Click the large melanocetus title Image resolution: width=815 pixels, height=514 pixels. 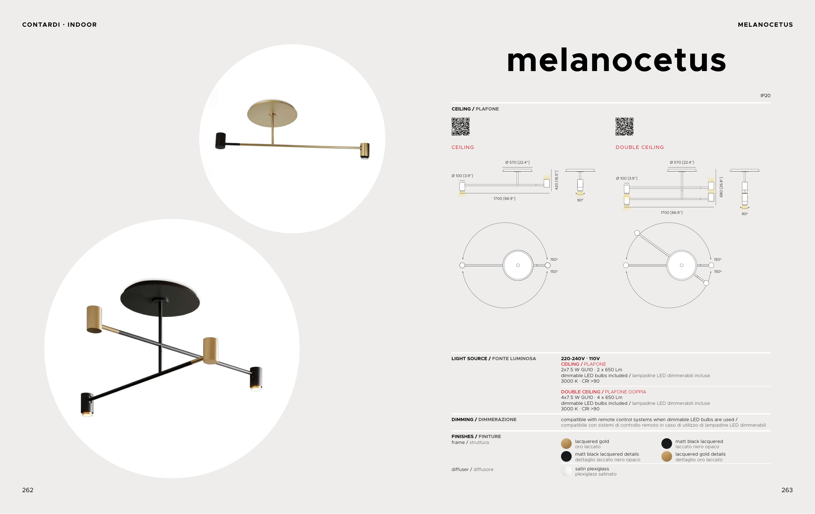(616, 60)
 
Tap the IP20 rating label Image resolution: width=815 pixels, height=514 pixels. (765, 95)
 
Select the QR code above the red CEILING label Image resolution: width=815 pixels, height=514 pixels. (461, 126)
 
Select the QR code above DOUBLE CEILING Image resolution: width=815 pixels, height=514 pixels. (624, 126)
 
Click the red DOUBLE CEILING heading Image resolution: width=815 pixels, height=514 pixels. (640, 147)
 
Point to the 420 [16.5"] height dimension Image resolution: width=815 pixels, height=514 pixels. (556, 180)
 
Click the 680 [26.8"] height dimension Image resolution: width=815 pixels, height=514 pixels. (721, 187)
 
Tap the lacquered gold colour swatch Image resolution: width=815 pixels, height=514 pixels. (566, 444)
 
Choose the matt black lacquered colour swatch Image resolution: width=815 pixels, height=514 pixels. (666, 444)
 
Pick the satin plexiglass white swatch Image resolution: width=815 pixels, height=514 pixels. (566, 471)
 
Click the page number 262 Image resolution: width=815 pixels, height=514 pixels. (28, 490)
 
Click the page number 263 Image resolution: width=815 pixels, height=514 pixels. (787, 490)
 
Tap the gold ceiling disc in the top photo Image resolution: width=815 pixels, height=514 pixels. (272, 113)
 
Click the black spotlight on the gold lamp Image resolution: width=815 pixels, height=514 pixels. (221, 140)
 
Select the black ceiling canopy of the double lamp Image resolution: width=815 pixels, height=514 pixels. (160, 298)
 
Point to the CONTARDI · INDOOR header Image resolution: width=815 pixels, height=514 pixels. (60, 25)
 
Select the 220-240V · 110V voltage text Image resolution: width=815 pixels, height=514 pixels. (580, 359)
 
